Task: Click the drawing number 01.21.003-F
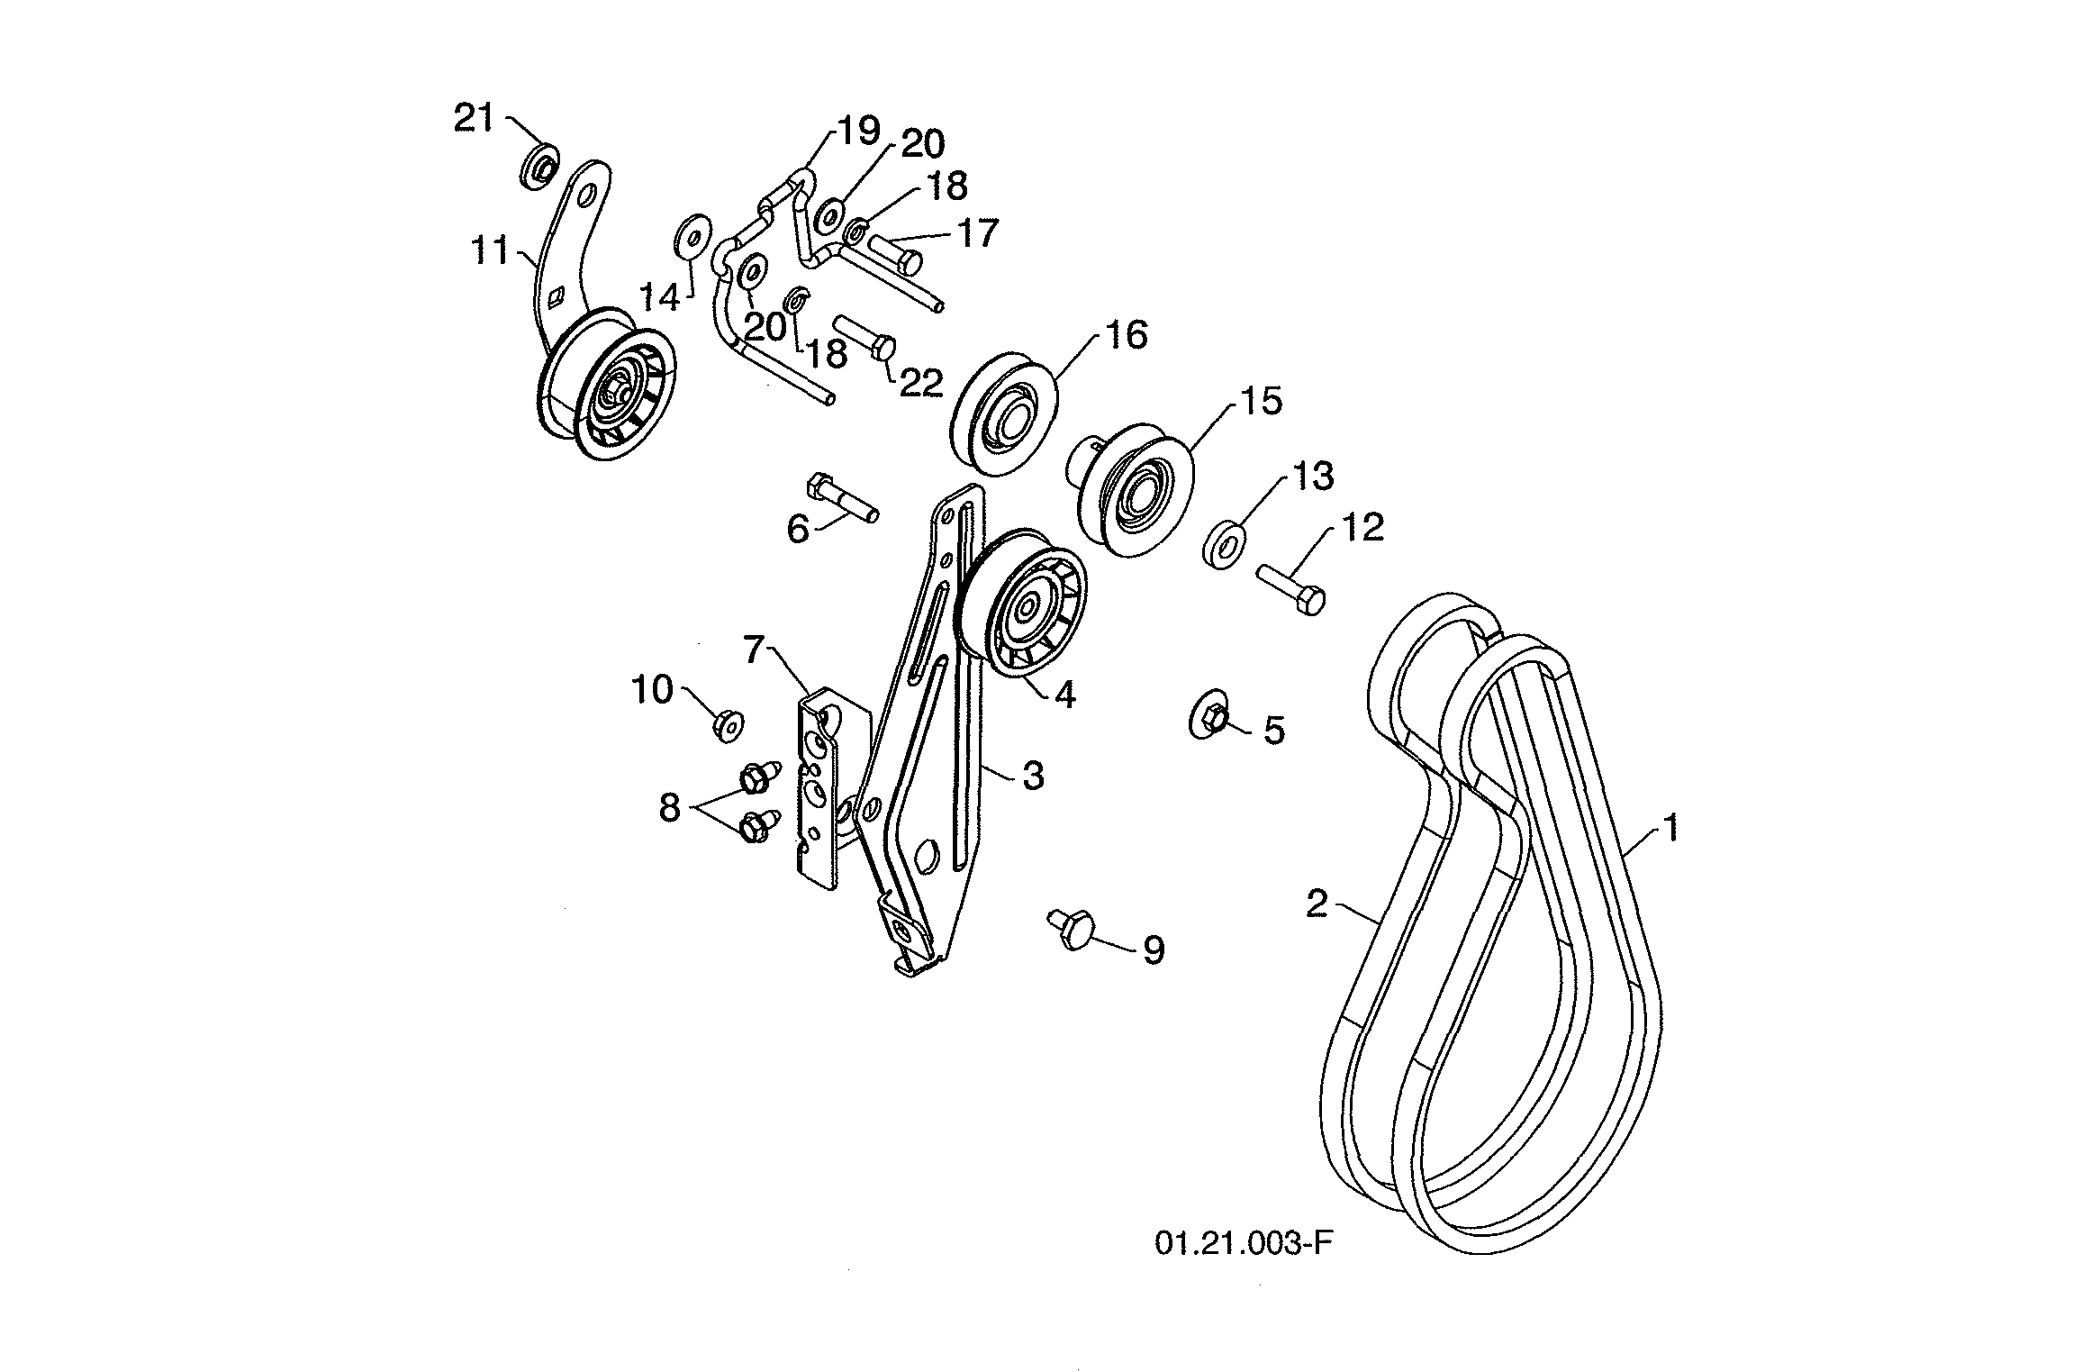click(x=1243, y=1243)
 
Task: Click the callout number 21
click(x=475, y=118)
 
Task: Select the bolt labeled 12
click(x=1290, y=586)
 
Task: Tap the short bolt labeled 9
click(x=1071, y=927)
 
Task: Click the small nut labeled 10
click(x=726, y=723)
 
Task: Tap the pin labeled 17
click(x=894, y=251)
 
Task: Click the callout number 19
click(x=858, y=132)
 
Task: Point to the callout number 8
click(x=668, y=808)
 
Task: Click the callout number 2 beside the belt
click(x=1317, y=904)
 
